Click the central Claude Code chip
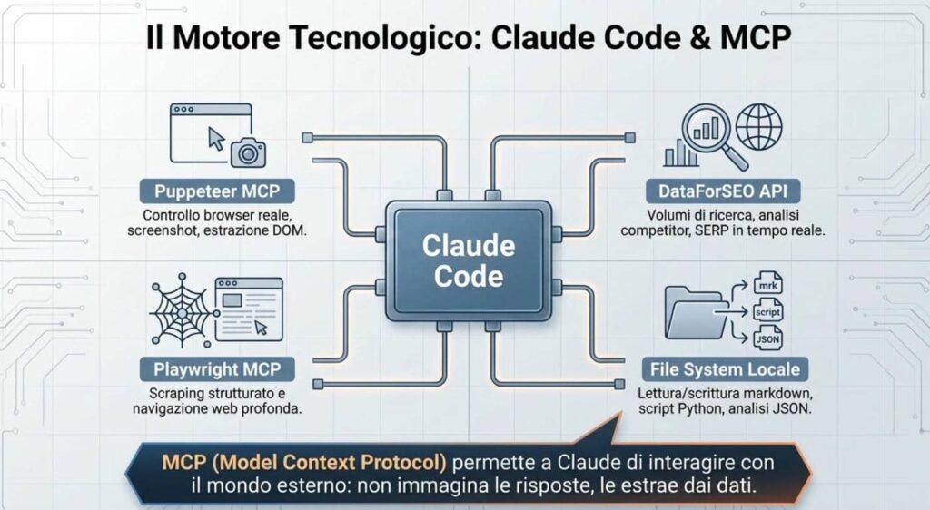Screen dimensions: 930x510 click(x=469, y=261)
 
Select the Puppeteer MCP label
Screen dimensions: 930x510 click(x=217, y=191)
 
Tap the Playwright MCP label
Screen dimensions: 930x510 click(x=217, y=369)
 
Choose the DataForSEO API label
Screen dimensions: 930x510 click(x=723, y=191)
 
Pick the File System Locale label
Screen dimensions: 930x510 click(x=725, y=369)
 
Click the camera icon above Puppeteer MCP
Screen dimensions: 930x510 click(x=248, y=152)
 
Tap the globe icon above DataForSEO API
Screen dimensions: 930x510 click(x=758, y=127)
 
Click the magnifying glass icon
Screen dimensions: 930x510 click(x=712, y=135)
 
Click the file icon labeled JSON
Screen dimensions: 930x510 click(x=768, y=338)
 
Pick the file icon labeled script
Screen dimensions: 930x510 click(x=768, y=311)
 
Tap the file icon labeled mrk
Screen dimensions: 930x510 click(x=768, y=284)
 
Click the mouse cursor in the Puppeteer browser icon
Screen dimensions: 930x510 click(x=216, y=139)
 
